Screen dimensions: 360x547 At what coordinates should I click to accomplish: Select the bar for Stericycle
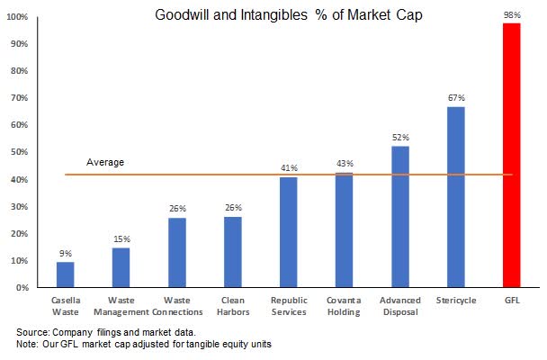[455, 198]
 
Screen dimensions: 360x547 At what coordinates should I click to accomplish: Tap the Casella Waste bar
[66, 274]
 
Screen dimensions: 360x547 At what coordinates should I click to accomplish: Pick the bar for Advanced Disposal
[400, 217]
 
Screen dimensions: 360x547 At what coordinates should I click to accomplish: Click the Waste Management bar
[121, 267]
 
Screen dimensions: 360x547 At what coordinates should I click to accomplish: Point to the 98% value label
[512, 15]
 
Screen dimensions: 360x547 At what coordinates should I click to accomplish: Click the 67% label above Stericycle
[456, 98]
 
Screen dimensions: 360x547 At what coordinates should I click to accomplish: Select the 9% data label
[66, 253]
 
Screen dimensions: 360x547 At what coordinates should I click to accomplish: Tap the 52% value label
[400, 138]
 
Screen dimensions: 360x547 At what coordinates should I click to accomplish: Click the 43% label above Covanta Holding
[345, 163]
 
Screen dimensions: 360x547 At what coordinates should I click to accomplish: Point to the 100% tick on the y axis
[19, 18]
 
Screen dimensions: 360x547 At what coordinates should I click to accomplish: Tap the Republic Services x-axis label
[289, 306]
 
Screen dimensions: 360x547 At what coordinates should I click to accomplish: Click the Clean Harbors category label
[233, 306]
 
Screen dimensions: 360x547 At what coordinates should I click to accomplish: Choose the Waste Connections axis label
[177, 306]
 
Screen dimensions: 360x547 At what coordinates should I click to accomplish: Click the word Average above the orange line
[105, 162]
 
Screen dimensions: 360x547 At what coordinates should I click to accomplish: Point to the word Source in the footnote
[33, 332]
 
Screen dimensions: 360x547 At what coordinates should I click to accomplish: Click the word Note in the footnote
[29, 344]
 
